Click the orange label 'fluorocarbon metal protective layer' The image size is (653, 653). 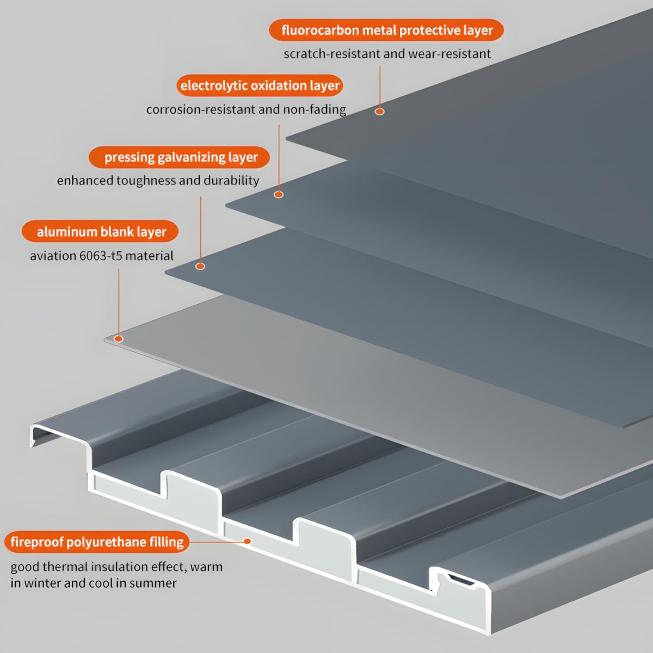[386, 30]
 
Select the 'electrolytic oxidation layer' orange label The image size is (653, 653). [260, 86]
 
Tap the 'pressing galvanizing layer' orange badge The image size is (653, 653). [180, 157]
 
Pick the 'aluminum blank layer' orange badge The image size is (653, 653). [101, 232]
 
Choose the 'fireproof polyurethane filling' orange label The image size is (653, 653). [97, 542]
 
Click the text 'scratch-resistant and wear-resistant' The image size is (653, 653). [387, 54]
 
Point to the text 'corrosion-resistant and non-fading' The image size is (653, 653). [245, 109]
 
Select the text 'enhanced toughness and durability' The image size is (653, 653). [158, 181]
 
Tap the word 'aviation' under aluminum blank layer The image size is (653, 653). [53, 256]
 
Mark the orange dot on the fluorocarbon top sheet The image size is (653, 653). [380, 112]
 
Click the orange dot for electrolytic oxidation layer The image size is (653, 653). [279, 194]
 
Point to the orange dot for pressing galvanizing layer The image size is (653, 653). [200, 266]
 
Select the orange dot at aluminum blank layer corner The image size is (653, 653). [118, 339]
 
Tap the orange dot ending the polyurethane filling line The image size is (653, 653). [247, 541]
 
